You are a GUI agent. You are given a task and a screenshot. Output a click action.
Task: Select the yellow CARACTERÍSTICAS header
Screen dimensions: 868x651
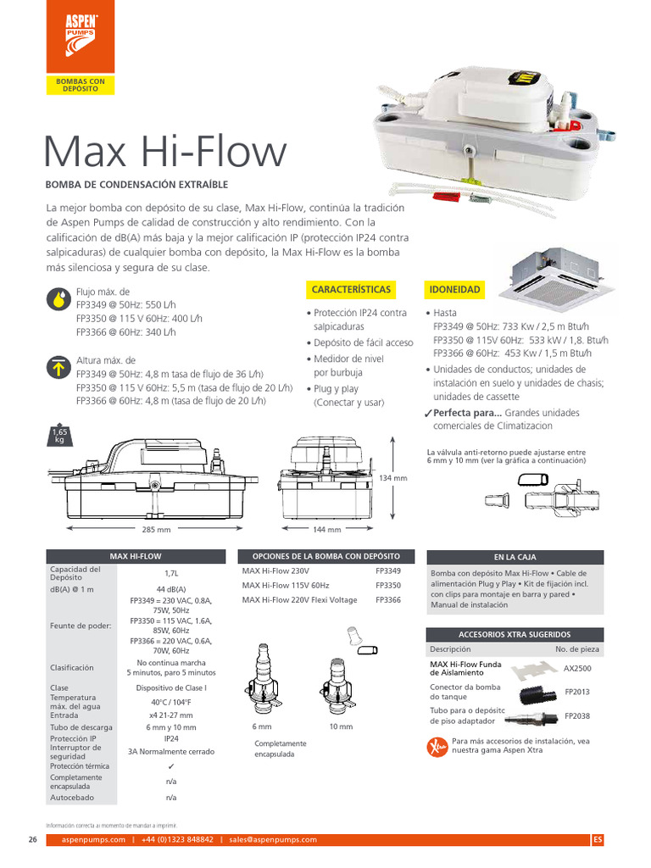(351, 290)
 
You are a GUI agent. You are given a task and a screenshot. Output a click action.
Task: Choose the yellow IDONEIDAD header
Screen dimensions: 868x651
(453, 290)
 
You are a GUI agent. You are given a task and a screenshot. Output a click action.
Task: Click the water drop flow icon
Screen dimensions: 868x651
(58, 298)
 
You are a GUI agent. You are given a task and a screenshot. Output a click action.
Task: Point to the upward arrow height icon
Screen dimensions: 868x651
(58, 367)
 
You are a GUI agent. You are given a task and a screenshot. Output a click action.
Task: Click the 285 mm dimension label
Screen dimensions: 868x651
(156, 530)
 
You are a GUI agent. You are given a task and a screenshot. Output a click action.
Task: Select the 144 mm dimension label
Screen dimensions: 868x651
(327, 530)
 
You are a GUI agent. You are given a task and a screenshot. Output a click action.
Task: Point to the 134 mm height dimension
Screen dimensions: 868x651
(393, 478)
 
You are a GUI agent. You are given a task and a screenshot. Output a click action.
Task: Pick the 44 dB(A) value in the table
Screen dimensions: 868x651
(170, 589)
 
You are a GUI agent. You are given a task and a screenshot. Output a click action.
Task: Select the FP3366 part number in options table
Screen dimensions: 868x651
(388, 600)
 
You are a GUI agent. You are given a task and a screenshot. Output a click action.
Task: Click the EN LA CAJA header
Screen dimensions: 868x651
(515, 557)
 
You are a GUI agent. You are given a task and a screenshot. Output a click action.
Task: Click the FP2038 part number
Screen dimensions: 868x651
(577, 716)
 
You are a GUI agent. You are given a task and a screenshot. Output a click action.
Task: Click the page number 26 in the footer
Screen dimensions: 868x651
(32, 839)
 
